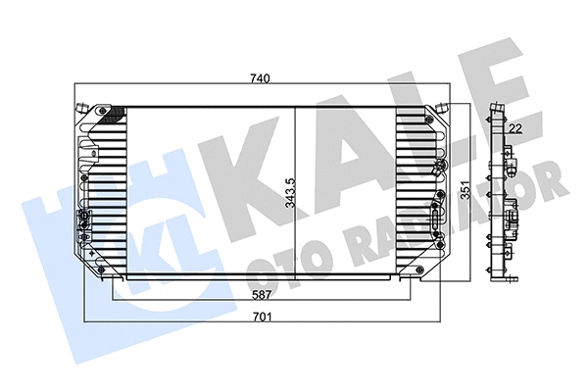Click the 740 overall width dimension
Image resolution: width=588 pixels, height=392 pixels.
260,77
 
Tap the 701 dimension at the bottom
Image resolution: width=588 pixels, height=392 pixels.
262,317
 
